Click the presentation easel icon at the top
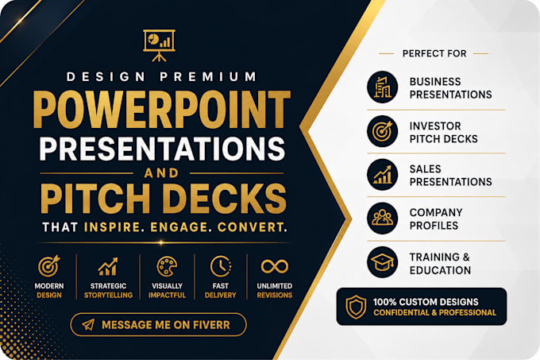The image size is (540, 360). click(x=159, y=45)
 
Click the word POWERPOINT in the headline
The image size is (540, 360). click(x=162, y=110)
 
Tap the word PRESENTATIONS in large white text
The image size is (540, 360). click(x=162, y=149)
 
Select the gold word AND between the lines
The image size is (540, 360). click(x=161, y=172)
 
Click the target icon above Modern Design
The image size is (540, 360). click(x=49, y=266)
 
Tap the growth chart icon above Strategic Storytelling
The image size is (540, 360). click(x=108, y=266)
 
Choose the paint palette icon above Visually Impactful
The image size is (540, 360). click(x=167, y=266)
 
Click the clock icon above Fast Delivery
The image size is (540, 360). click(x=221, y=266)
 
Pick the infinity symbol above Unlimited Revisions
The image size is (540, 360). click(x=275, y=266)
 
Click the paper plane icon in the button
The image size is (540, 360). click(x=88, y=324)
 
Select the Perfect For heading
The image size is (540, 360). click(x=434, y=54)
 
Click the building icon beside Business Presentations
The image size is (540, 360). click(x=383, y=87)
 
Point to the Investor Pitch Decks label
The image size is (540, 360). click(x=444, y=132)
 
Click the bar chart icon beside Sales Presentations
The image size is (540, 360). click(x=383, y=175)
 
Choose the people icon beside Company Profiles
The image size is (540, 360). click(x=383, y=219)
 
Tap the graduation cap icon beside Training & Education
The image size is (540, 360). click(x=383, y=262)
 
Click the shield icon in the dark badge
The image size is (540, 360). click(x=356, y=307)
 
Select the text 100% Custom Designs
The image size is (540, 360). click(x=426, y=302)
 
